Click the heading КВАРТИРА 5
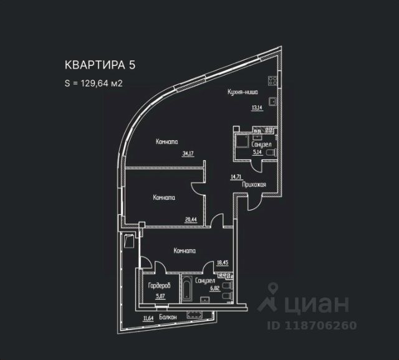click(x=100, y=64)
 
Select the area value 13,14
click(x=256, y=107)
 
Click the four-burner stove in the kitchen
click(x=272, y=80)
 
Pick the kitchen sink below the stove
click(x=272, y=100)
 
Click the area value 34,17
click(x=188, y=153)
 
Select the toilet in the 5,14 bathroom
click(x=270, y=152)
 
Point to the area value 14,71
click(x=236, y=177)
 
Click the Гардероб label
click(x=159, y=286)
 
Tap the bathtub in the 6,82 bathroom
click(x=187, y=289)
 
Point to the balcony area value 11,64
click(x=148, y=318)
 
